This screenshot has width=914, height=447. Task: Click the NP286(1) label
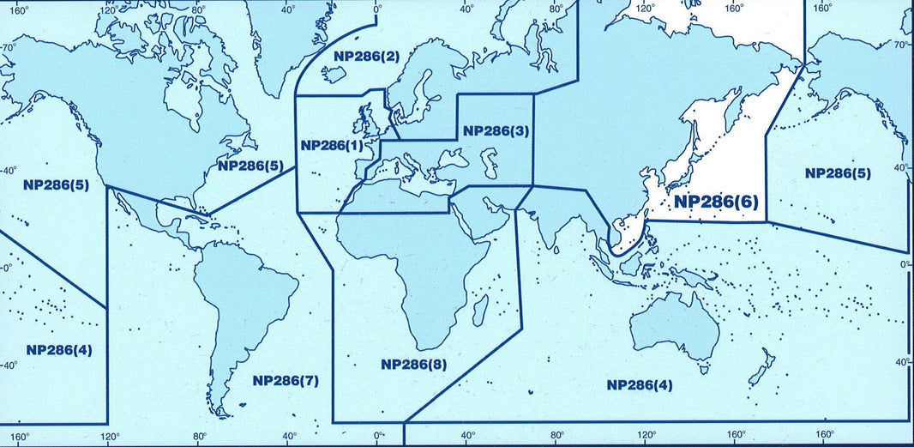coord(331,145)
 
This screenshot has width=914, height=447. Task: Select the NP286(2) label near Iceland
coord(366,57)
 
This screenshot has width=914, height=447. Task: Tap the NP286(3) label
coord(496,131)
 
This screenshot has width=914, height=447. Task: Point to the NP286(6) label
coord(716,202)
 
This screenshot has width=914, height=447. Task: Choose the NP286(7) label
coord(286,380)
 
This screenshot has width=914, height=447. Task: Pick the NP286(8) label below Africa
coord(414,364)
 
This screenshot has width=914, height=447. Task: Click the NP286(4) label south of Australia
coord(640,384)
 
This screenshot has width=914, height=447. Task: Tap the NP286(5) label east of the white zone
coord(839,172)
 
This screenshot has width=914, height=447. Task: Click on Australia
coord(674,329)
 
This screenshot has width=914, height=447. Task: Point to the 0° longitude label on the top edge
coord(377,8)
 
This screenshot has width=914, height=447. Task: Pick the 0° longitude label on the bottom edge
coord(378,438)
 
